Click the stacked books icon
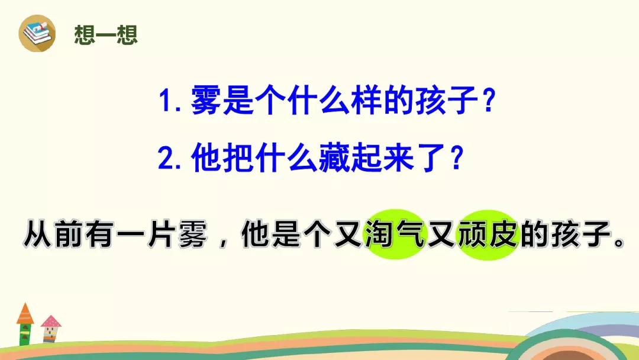tap(37, 33)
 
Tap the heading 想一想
tap(106, 34)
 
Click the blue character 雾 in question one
tap(206, 100)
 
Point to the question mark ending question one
tap(488, 100)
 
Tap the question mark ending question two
tap(457, 157)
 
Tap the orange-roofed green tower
tap(25, 324)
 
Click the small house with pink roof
tap(51, 328)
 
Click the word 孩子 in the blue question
tap(447, 100)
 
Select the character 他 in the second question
tap(206, 157)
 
